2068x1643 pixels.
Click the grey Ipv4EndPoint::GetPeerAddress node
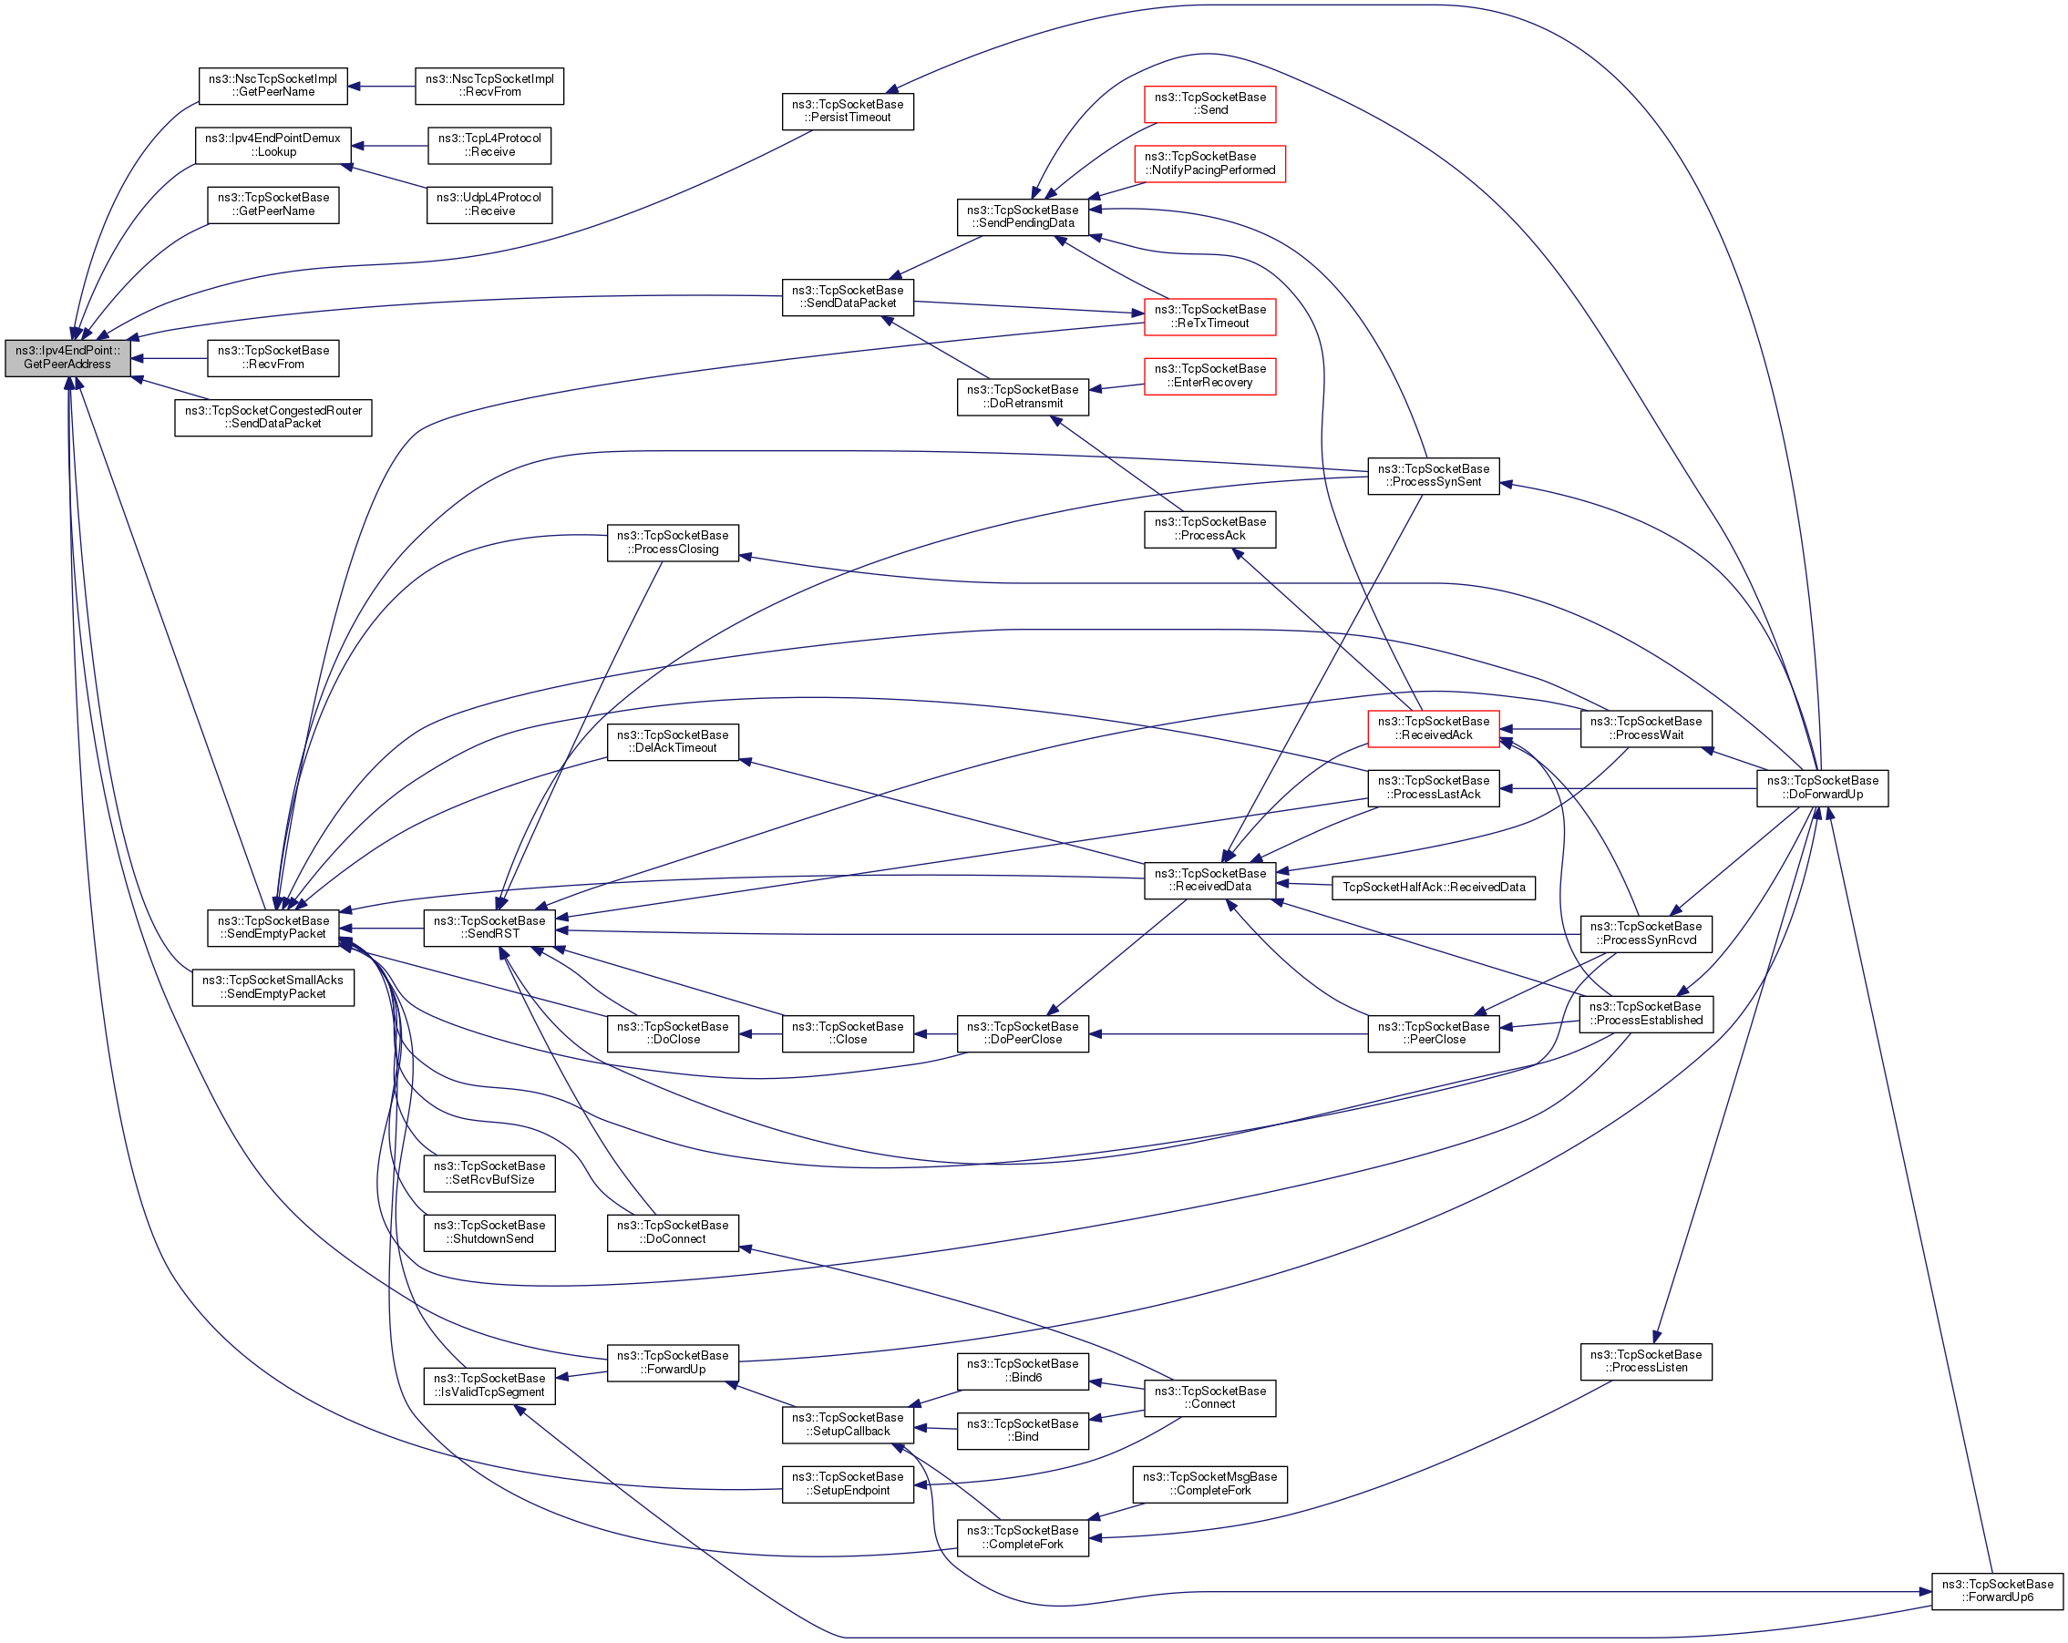67,358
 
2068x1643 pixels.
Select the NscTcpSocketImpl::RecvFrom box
489,86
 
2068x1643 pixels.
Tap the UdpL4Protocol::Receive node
489,204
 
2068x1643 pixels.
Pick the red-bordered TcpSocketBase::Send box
1209,104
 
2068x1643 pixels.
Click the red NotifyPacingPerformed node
1209,163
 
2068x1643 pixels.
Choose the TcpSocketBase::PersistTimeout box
848,111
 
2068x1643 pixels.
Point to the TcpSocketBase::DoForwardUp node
1822,787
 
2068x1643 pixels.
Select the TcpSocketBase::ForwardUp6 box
1997,1590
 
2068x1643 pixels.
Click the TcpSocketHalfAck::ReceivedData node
1433,888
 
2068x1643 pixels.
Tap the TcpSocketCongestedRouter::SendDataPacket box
273,417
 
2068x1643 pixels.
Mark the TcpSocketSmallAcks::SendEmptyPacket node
273,987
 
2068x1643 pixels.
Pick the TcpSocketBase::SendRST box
489,928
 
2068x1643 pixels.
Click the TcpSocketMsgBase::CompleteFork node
1209,1484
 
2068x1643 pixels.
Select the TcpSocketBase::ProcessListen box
1645,1361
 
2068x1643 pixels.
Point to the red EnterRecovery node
1209,376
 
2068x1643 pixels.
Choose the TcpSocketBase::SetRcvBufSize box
489,1173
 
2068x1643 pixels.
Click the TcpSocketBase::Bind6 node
1023,1371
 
